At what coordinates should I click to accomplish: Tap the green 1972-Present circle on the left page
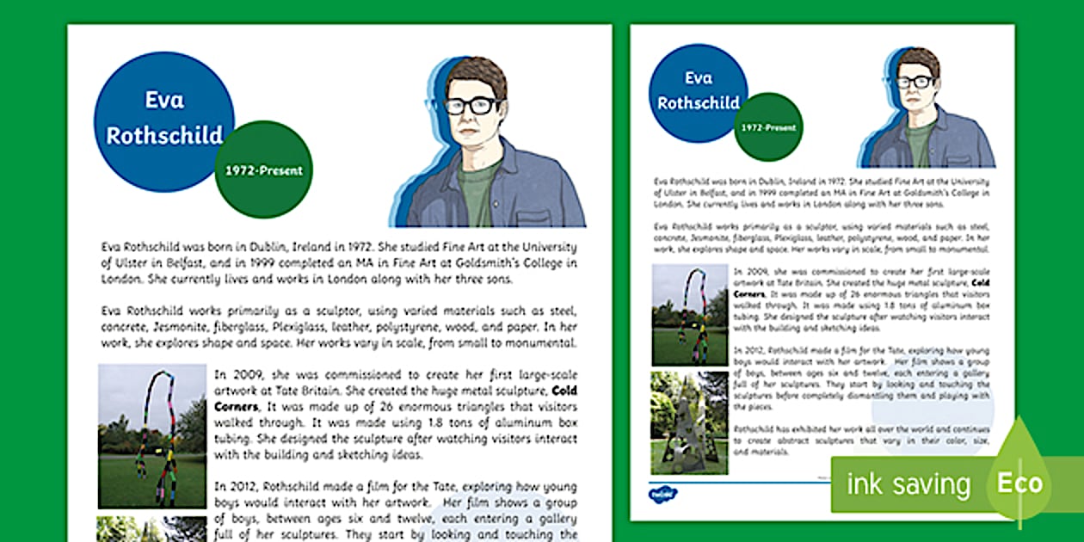point(263,170)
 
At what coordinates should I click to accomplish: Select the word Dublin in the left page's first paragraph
point(262,246)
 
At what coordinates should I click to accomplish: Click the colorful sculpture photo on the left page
point(151,436)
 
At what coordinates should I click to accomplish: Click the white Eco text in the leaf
point(1019,483)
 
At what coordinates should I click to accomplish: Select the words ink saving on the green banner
point(908,484)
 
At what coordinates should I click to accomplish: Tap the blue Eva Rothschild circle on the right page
point(699,91)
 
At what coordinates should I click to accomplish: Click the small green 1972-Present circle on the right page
point(769,127)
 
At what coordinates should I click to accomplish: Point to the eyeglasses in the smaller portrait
point(915,83)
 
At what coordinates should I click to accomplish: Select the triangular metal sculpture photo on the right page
point(689,422)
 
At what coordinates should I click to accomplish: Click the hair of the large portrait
point(476,76)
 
